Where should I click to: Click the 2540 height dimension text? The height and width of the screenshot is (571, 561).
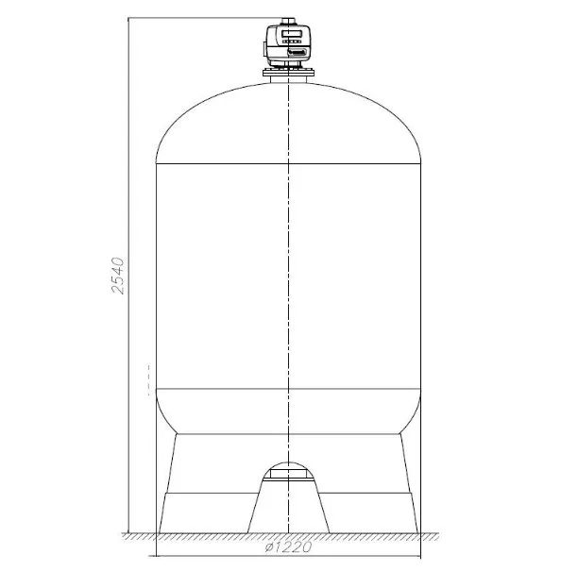click(118, 275)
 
